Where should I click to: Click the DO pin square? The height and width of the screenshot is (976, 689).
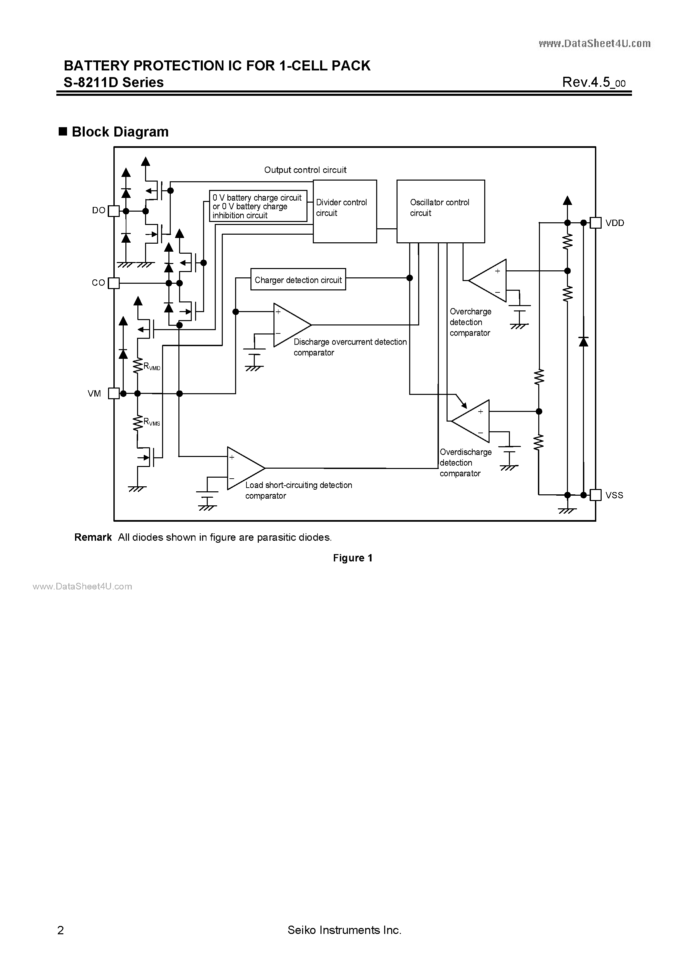114,211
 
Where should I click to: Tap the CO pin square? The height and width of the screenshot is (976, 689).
114,283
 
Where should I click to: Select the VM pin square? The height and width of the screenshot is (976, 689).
114,394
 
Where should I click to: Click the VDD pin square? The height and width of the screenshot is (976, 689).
596,223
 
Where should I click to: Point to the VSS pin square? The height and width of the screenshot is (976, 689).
596,495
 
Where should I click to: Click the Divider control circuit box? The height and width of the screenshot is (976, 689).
344,211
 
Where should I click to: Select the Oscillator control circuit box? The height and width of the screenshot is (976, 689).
441,211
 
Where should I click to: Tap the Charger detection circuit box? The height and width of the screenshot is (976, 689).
298,279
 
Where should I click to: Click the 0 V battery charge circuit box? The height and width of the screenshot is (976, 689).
258,206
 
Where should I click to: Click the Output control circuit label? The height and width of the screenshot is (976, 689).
305,170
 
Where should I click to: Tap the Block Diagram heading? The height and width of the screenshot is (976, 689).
120,132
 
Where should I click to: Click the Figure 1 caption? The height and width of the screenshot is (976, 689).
353,558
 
